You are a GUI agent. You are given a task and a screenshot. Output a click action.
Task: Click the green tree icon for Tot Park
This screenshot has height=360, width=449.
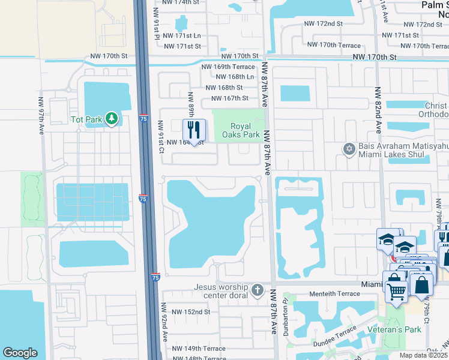click(x=111, y=119)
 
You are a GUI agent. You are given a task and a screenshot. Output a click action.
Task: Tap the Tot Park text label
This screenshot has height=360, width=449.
click(x=86, y=119)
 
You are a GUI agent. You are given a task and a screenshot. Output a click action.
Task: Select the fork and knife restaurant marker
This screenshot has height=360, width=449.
click(x=194, y=130)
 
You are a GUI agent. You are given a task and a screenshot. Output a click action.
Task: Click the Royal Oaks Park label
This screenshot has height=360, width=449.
click(x=246, y=131)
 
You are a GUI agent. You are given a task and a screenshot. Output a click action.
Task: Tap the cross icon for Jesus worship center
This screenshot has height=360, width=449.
click(x=258, y=291)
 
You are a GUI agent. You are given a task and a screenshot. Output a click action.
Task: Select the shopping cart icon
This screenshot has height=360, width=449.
click(x=395, y=292)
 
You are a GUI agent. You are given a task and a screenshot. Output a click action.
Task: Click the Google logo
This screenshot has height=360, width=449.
click(x=19, y=353)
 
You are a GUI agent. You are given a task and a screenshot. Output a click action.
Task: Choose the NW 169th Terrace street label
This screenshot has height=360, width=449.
click(x=228, y=67)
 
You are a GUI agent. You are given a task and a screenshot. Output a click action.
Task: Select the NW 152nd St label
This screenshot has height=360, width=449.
click(x=191, y=312)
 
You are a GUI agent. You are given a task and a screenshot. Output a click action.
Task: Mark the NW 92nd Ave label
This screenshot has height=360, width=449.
click(x=163, y=327)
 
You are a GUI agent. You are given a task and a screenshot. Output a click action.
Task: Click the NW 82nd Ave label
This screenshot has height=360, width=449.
click(x=378, y=114)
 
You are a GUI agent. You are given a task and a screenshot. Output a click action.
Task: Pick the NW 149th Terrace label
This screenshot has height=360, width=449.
click(x=199, y=349)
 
